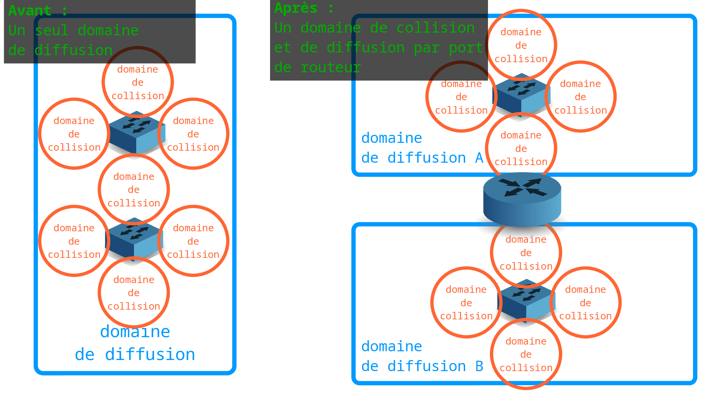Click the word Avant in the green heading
point(30,11)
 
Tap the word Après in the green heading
point(296,8)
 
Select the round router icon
point(522,199)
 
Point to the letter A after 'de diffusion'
point(479,158)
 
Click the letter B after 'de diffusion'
point(479,366)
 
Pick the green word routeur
point(331,68)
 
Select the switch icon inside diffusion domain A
point(521,95)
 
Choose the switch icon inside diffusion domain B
point(526,301)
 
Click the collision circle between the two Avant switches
point(134,190)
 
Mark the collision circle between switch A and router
point(521,148)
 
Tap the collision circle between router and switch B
point(526,252)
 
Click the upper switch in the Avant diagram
point(137,133)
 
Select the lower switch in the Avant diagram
point(134,240)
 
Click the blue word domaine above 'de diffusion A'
point(391,138)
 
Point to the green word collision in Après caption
point(436,28)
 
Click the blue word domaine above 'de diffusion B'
point(391,346)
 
